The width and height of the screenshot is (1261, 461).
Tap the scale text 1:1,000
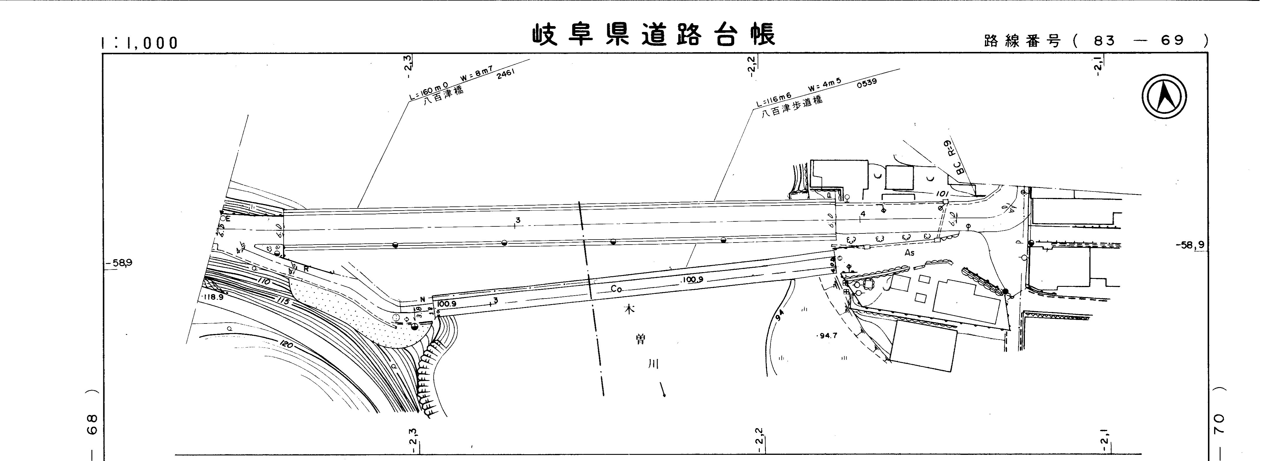click(140, 43)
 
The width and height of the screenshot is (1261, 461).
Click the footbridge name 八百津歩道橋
click(792, 107)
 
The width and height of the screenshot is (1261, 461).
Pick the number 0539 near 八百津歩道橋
click(866, 84)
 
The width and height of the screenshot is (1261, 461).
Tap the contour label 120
click(286, 345)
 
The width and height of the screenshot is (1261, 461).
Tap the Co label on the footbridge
click(616, 289)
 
